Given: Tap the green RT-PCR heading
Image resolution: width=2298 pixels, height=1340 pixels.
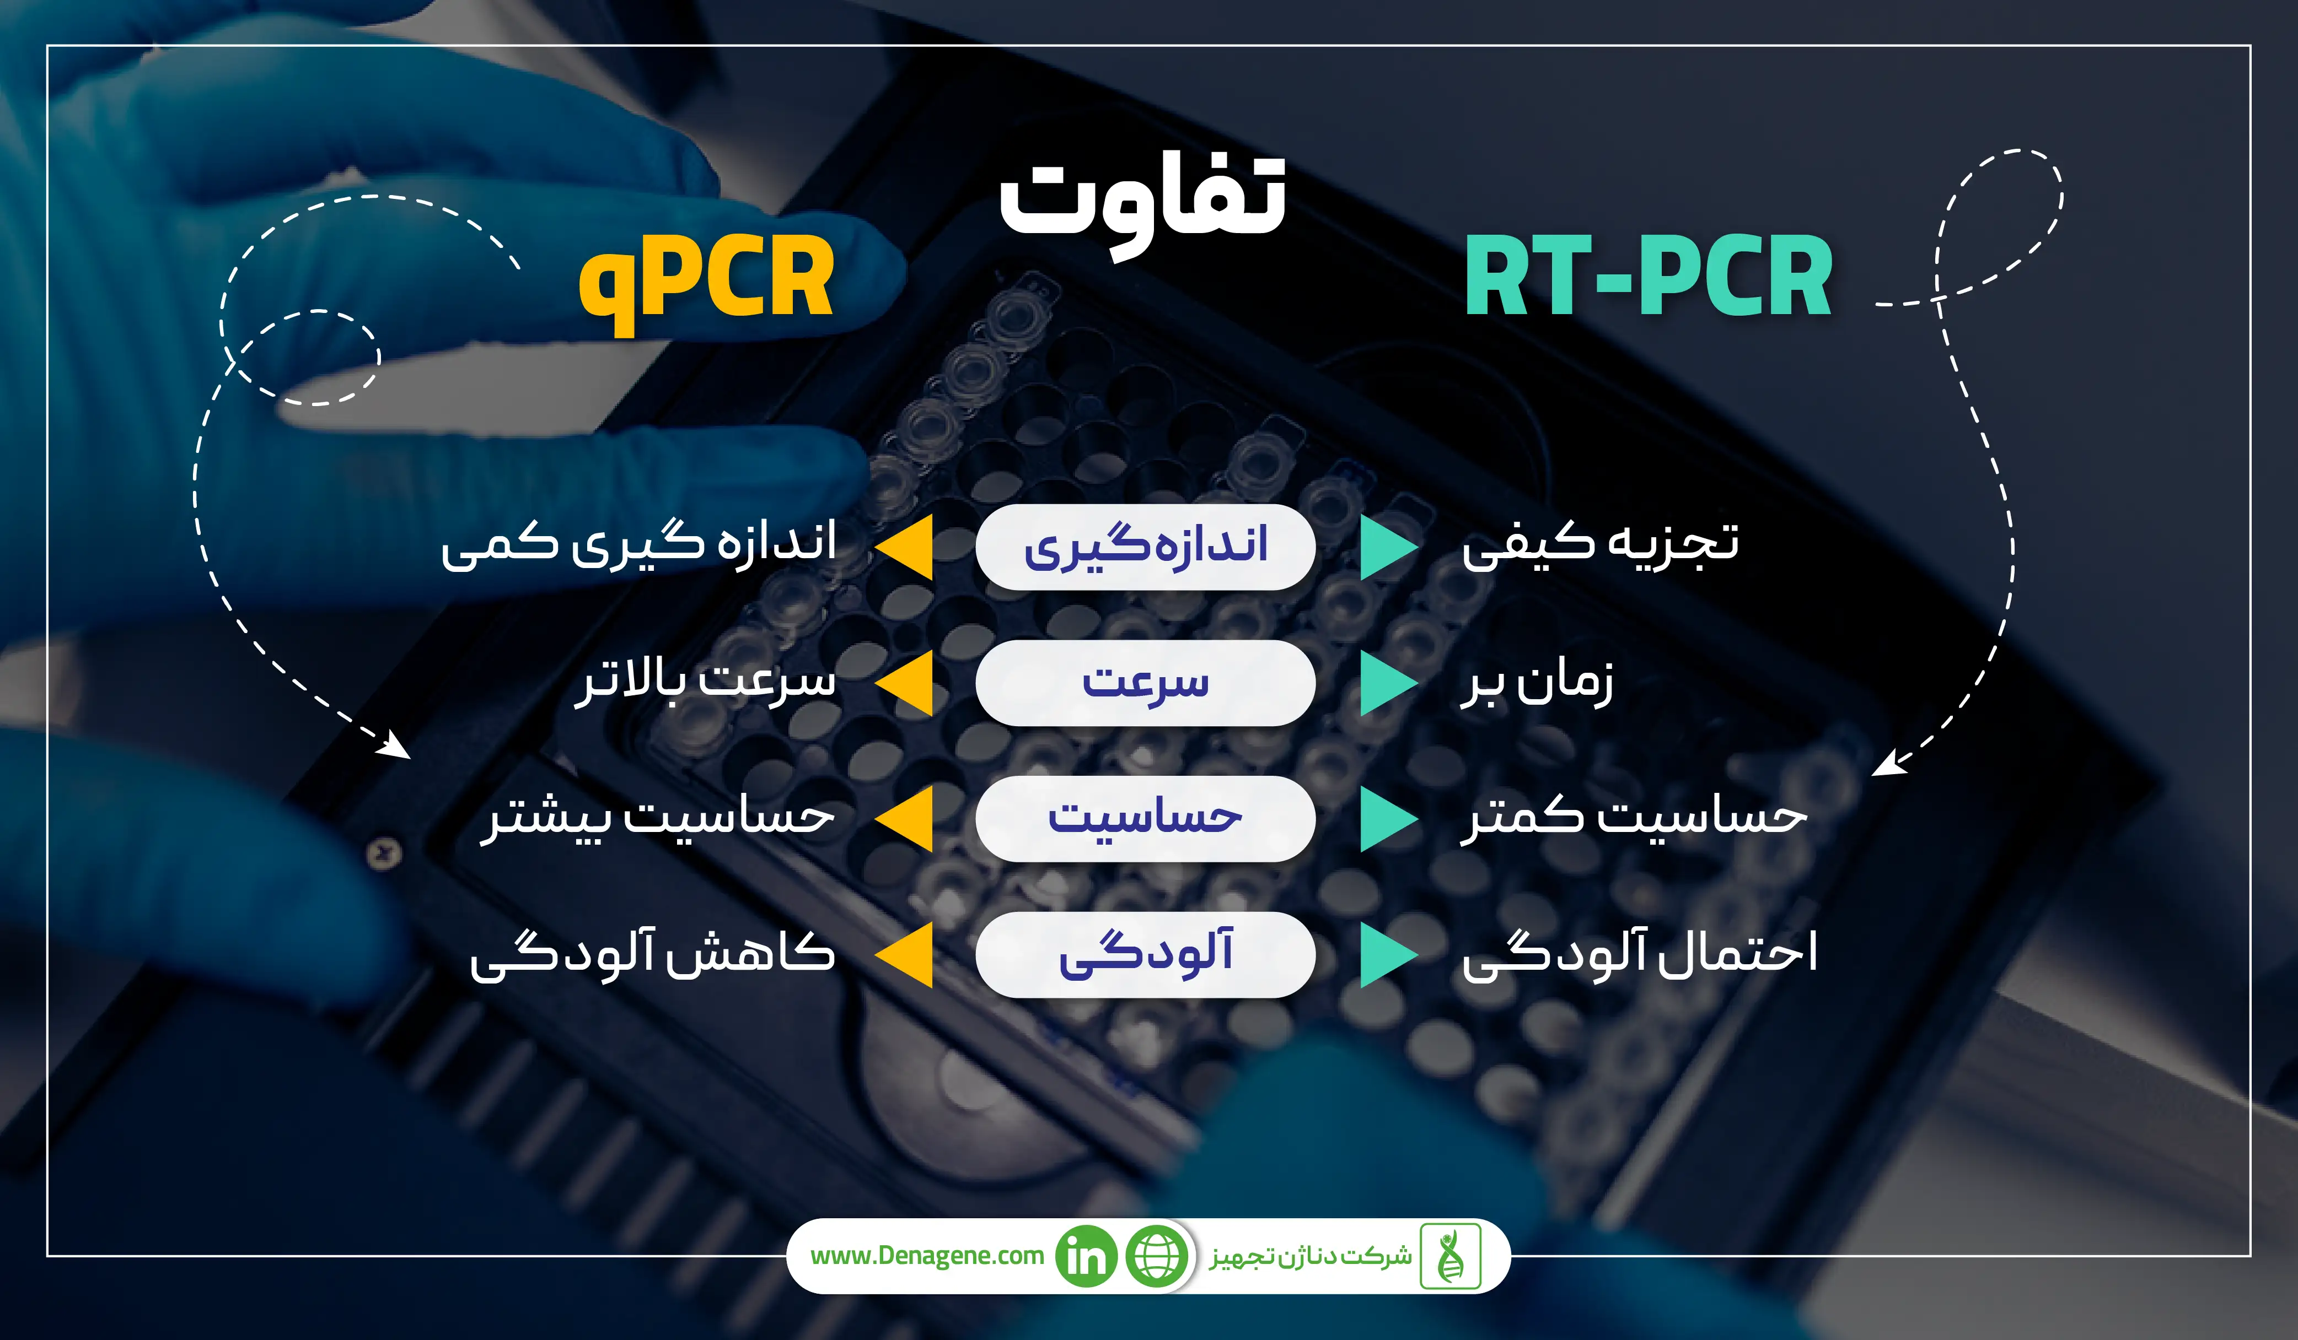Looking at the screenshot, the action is click(x=1648, y=275).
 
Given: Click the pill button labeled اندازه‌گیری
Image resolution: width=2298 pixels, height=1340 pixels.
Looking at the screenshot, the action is click(x=1145, y=547).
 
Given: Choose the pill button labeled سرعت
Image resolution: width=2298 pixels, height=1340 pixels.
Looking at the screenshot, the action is click(x=1145, y=683).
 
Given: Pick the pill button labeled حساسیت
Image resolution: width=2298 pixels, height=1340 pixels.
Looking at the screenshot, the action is click(x=1145, y=819).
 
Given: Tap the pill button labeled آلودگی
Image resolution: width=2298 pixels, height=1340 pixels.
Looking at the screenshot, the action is click(x=1145, y=954).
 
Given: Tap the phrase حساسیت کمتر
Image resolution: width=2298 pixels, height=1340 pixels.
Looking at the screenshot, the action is click(x=1633, y=817).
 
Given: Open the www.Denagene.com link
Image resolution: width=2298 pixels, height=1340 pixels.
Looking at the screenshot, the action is click(x=926, y=1256).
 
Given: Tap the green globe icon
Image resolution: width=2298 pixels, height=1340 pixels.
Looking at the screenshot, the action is click(x=1157, y=1256).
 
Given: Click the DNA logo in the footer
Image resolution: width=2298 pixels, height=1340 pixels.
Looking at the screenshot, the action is click(x=1450, y=1256).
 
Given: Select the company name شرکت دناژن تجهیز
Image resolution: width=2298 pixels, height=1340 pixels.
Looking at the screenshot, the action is click(x=1311, y=1257).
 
